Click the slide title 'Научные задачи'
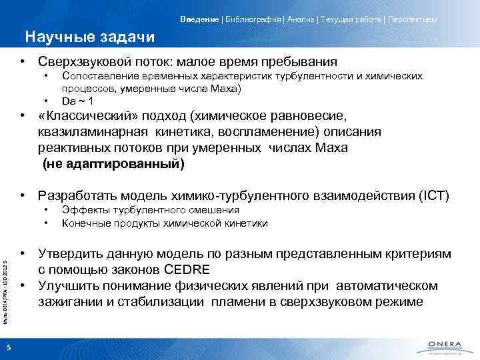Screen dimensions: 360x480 pyautogui.click(x=89, y=36)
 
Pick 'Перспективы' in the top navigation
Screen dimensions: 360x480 pyautogui.click(x=409, y=19)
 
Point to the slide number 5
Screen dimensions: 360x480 pyautogui.click(x=8, y=345)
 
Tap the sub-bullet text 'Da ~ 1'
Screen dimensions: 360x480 pyautogui.click(x=77, y=101)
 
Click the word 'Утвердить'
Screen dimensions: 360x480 pyautogui.click(x=71, y=254)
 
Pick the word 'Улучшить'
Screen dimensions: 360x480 pyautogui.click(x=69, y=286)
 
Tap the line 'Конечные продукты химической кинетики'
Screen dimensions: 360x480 pyautogui.click(x=165, y=223)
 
